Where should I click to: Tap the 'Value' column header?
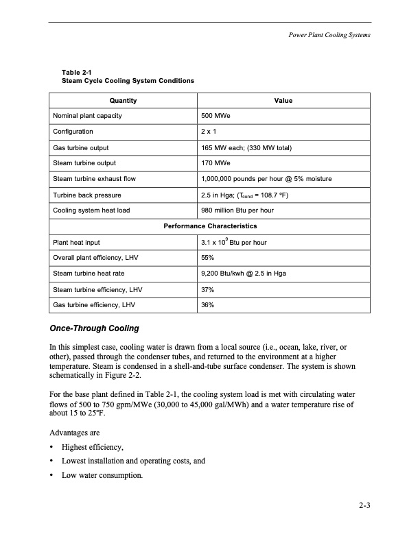click(x=283, y=101)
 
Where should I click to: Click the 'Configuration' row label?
click(x=73, y=132)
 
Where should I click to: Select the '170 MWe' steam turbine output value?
click(x=215, y=163)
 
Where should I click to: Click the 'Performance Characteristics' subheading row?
click(x=209, y=226)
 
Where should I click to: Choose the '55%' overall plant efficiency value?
click(x=208, y=258)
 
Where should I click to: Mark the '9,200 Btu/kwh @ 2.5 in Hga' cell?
click(x=244, y=274)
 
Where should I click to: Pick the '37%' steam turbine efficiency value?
click(x=208, y=290)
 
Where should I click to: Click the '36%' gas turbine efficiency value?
click(x=208, y=306)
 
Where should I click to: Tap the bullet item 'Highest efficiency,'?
click(x=93, y=448)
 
